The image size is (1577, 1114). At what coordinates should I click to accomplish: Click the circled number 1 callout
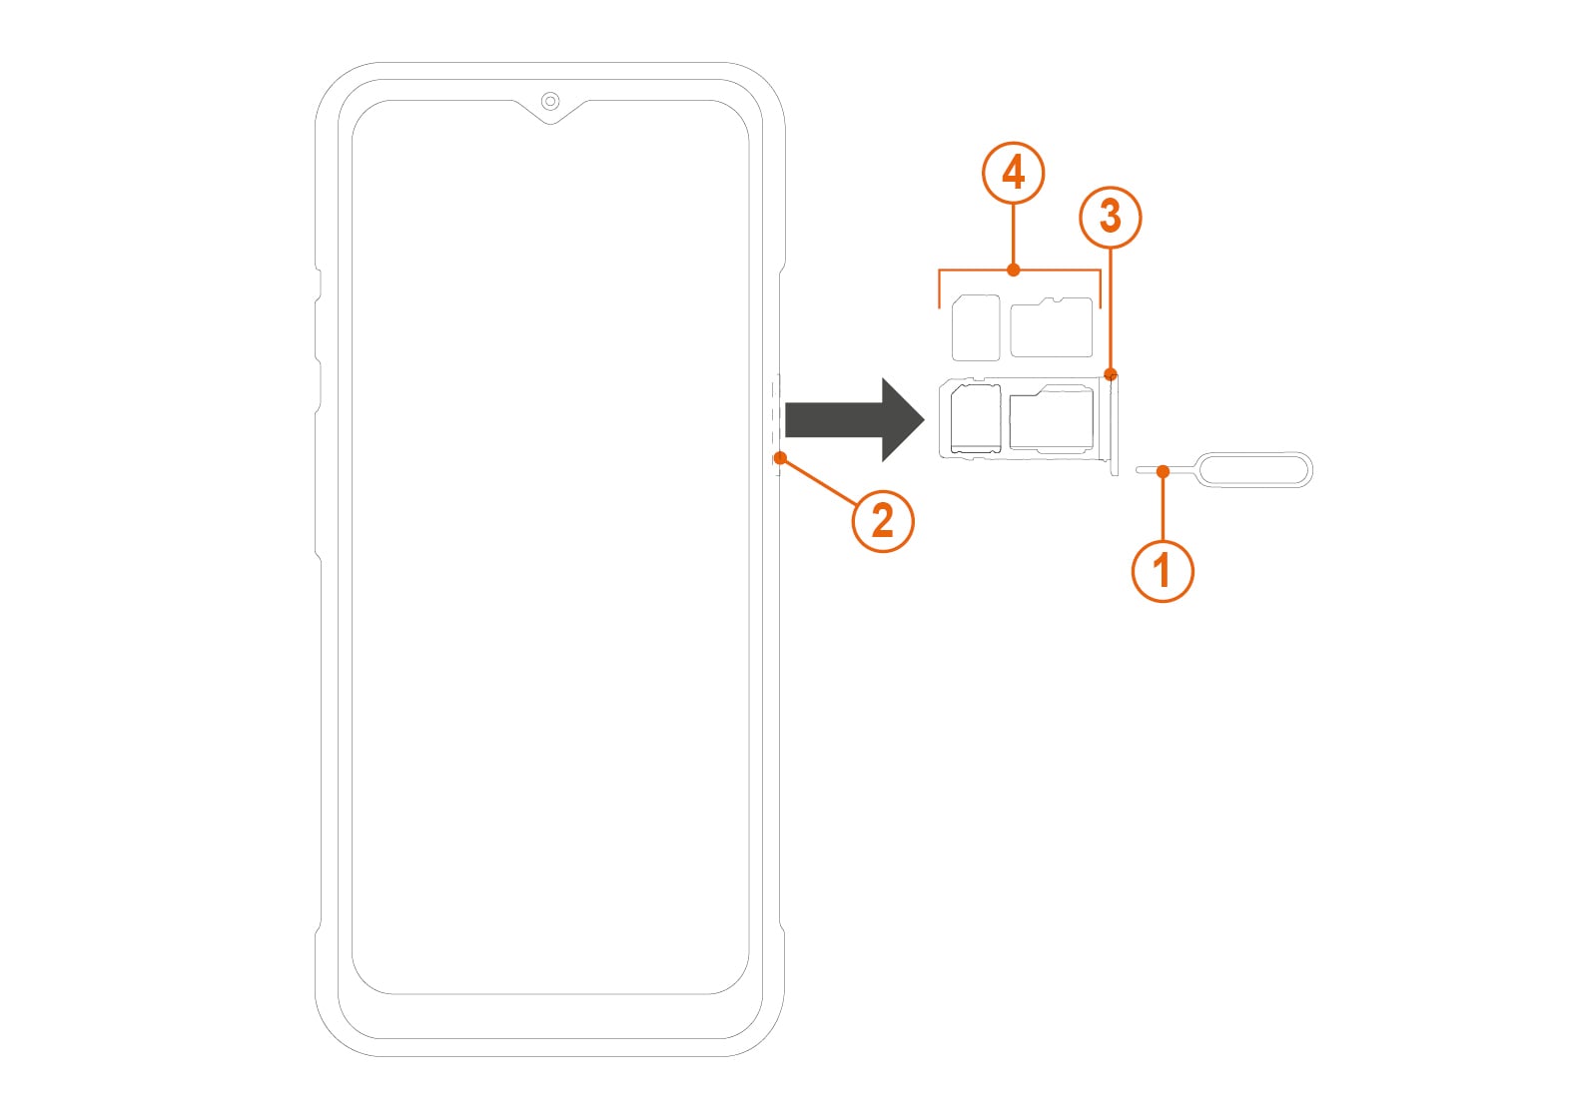click(1163, 571)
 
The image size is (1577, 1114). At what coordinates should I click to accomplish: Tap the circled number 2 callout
click(883, 521)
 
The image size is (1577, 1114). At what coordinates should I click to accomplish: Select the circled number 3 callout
click(1111, 217)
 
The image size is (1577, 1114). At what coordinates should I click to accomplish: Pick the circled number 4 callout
click(1013, 173)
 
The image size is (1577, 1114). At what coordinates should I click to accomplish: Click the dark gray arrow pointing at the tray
click(855, 420)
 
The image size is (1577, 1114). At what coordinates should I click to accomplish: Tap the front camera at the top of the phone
click(550, 102)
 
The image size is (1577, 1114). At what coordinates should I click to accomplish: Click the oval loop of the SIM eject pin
click(1255, 470)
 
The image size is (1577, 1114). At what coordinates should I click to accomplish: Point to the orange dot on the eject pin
click(1164, 471)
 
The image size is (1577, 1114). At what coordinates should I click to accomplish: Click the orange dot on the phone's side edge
click(780, 458)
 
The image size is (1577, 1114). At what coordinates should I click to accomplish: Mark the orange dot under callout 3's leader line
click(1111, 374)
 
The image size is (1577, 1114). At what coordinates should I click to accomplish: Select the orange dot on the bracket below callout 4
click(1013, 270)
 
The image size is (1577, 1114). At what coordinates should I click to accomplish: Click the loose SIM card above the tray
click(976, 328)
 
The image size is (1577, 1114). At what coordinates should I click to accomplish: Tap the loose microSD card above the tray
click(1051, 327)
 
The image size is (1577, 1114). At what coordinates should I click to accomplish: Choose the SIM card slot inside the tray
click(976, 418)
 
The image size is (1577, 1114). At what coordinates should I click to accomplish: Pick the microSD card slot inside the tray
click(1051, 418)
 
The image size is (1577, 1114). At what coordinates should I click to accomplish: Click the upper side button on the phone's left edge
click(319, 285)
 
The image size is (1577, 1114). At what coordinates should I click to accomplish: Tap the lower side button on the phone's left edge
click(319, 386)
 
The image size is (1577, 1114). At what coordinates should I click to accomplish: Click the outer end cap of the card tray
click(1114, 425)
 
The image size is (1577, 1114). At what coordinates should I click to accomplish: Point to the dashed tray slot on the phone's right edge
click(777, 424)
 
